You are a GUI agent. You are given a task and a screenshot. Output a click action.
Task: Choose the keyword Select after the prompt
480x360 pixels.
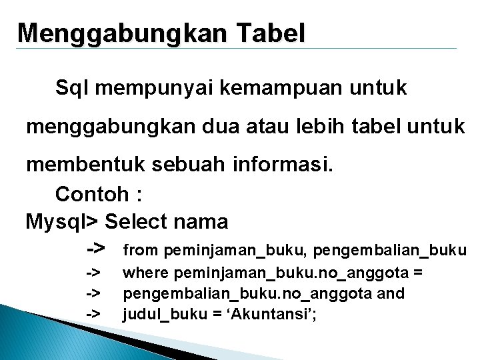(136, 221)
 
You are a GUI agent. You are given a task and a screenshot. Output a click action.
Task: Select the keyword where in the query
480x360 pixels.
(144, 272)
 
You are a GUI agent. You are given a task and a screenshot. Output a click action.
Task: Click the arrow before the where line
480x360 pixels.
(93, 272)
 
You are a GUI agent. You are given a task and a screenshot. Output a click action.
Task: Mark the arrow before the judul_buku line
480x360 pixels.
(93, 313)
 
